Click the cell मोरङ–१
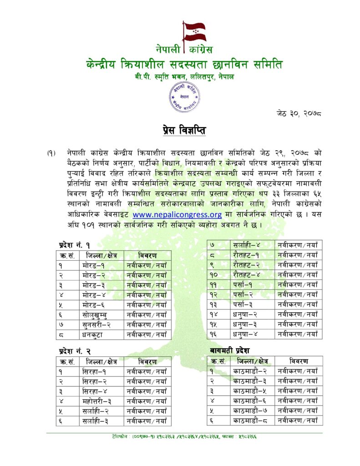click(x=94, y=265)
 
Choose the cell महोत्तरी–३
click(x=97, y=401)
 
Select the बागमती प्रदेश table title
click(x=230, y=351)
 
